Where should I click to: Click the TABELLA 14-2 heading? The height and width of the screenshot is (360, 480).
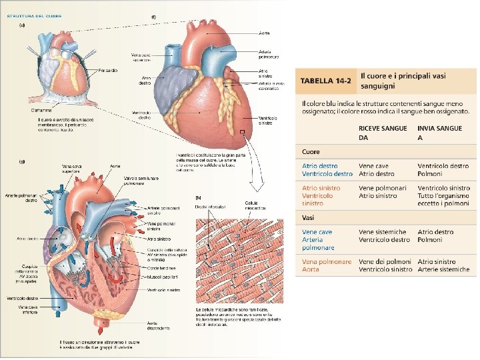(325, 81)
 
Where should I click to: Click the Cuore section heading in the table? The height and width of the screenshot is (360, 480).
(311, 153)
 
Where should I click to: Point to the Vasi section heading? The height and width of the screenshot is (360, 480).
(309, 218)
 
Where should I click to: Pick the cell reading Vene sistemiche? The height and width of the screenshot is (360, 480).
(383, 232)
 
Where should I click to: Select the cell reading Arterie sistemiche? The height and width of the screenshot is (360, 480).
(443, 270)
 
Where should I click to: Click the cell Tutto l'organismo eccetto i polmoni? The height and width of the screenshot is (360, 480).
(443, 192)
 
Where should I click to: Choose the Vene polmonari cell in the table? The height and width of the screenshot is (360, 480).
(383, 188)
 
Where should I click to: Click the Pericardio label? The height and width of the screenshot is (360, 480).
(108, 70)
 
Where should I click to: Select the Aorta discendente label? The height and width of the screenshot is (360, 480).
(158, 327)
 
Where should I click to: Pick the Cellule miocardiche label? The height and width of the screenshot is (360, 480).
(255, 205)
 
